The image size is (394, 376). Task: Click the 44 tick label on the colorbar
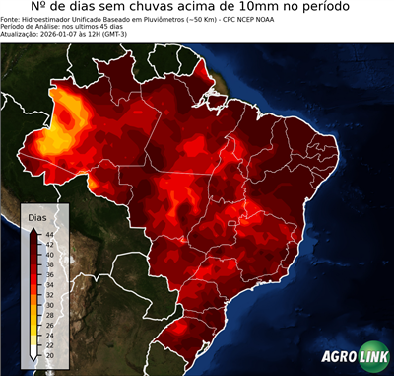click(48, 233)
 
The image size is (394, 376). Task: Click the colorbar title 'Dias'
click(37, 215)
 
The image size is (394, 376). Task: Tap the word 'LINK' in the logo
click(372, 358)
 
